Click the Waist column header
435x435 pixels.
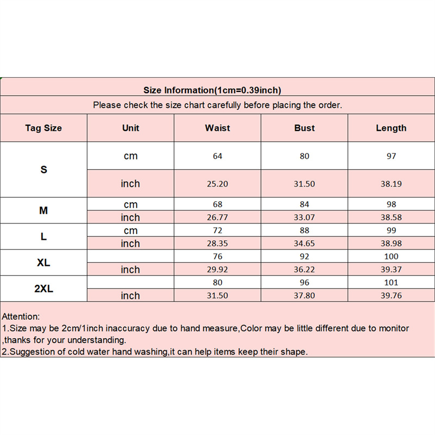pyautogui.click(x=217, y=128)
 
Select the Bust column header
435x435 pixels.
pyautogui.click(x=304, y=128)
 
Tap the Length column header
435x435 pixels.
pyautogui.click(x=391, y=128)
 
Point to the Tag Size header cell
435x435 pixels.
pyautogui.click(x=43, y=128)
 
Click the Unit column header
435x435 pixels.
pyautogui.click(x=130, y=128)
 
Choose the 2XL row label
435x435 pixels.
pyautogui.click(x=43, y=289)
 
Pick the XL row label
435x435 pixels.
pyautogui.click(x=43, y=263)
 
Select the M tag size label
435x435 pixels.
pyautogui.click(x=43, y=210)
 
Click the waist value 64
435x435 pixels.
pyautogui.click(x=217, y=156)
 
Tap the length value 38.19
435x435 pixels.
pyautogui.click(x=391, y=184)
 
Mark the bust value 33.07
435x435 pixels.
pyautogui.click(x=304, y=217)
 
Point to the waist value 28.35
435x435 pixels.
pyautogui.click(x=217, y=244)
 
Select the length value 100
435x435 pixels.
pyautogui.click(x=391, y=257)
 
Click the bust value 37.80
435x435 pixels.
pyautogui.click(x=304, y=296)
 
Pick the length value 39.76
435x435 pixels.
pyautogui.click(x=391, y=296)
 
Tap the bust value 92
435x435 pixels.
pyautogui.click(x=304, y=257)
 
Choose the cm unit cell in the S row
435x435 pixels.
pyautogui.click(x=130, y=156)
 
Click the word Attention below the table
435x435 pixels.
pyautogui.click(x=20, y=316)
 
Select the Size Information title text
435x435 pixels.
pyautogui.click(x=212, y=90)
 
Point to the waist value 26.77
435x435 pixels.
pyautogui.click(x=217, y=217)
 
